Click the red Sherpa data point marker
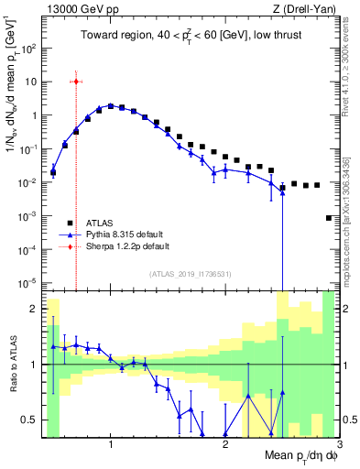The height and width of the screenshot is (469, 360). pos(76,82)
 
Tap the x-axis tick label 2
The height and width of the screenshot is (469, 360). pos(225,445)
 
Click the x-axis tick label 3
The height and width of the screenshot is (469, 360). pos(339,445)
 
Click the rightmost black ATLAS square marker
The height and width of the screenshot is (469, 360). pos(329,218)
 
